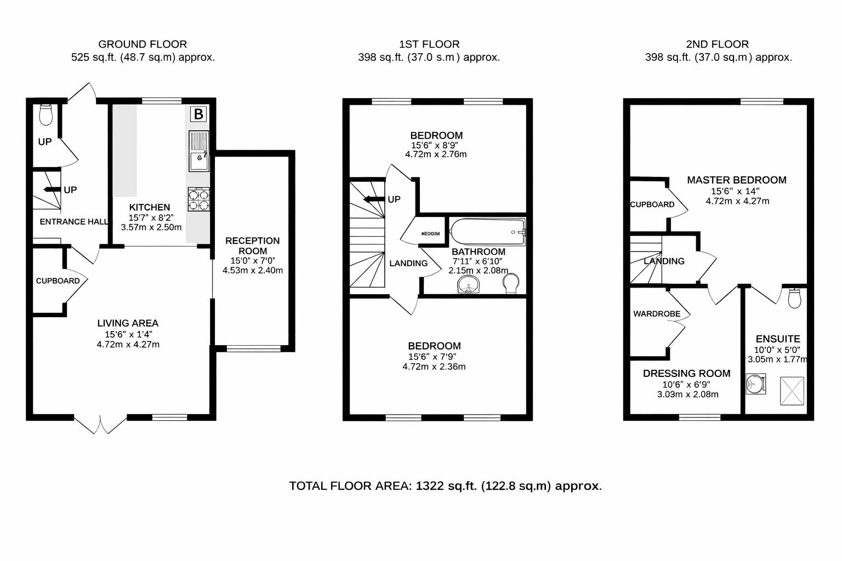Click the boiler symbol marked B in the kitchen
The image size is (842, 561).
pyautogui.click(x=198, y=114)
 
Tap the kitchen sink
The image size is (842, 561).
pyautogui.click(x=198, y=151)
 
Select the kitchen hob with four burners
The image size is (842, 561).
pyautogui.click(x=198, y=199)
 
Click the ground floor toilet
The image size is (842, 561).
pyautogui.click(x=46, y=114)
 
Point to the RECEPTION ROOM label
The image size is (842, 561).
pyautogui.click(x=252, y=245)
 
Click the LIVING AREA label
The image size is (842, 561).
pyautogui.click(x=128, y=323)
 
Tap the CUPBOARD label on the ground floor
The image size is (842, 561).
pyautogui.click(x=58, y=281)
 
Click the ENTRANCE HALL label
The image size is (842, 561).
pyautogui.click(x=73, y=222)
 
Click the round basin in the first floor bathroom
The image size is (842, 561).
pyautogui.click(x=468, y=284)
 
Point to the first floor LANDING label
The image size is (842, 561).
pyautogui.click(x=408, y=264)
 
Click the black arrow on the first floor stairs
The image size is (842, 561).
pyautogui.click(x=374, y=199)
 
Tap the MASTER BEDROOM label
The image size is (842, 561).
pyautogui.click(x=737, y=180)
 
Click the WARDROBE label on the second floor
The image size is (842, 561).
pyautogui.click(x=657, y=314)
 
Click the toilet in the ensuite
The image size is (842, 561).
pyautogui.click(x=795, y=297)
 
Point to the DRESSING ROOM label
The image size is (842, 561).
pyautogui.click(x=686, y=374)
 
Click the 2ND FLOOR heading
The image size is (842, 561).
pyautogui.click(x=717, y=44)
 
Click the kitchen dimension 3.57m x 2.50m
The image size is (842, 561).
pyautogui.click(x=151, y=227)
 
